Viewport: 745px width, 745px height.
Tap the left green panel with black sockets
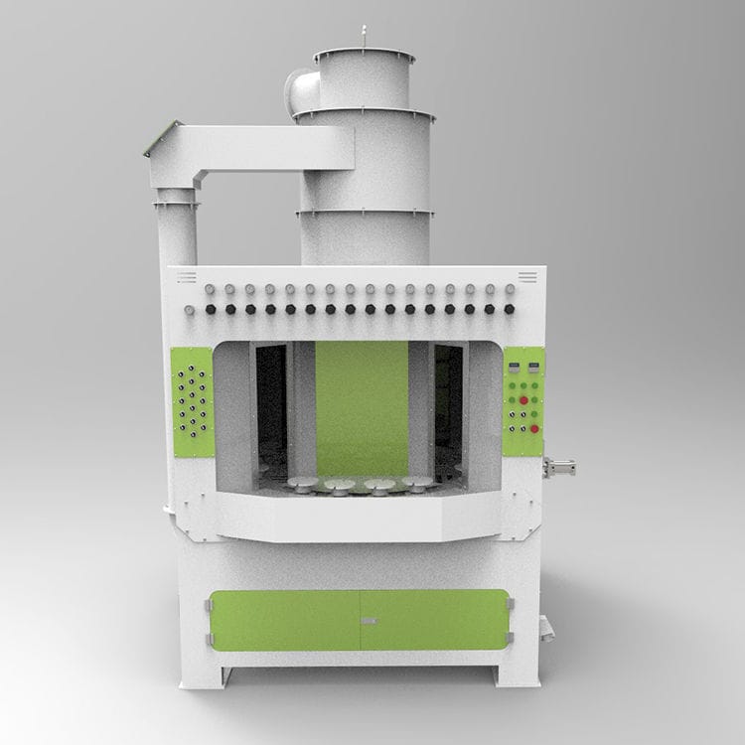tap(193, 402)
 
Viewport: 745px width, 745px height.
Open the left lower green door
tap(285, 620)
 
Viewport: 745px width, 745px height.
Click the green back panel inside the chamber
tap(362, 407)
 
